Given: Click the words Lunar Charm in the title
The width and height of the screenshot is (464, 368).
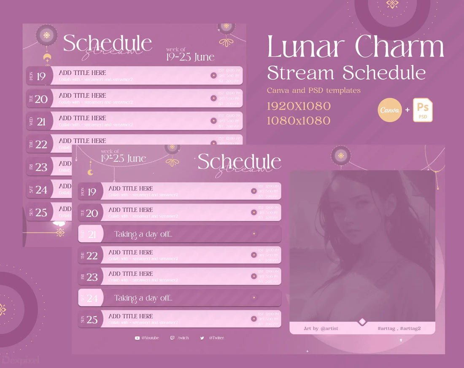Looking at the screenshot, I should (356, 47).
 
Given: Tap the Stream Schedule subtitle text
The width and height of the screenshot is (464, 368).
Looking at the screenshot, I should (346, 73).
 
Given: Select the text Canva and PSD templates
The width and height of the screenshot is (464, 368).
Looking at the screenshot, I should (313, 90).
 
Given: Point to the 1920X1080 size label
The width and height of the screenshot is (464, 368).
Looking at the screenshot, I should (299, 106).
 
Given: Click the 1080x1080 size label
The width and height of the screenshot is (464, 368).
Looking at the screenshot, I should (299, 121).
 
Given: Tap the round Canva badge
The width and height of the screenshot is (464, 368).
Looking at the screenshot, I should (390, 110).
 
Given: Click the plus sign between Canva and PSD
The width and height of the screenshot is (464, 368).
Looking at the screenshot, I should (407, 110).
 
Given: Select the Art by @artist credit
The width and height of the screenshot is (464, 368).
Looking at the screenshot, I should (321, 328).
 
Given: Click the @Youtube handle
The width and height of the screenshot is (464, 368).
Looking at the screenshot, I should (150, 338).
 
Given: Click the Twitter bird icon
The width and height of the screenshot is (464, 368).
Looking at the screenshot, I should (202, 338).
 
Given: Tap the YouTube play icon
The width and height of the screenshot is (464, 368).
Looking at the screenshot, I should (137, 338).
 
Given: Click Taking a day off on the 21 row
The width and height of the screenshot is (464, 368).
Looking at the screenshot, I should (143, 234).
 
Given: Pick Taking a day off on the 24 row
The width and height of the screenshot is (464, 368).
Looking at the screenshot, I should (143, 298).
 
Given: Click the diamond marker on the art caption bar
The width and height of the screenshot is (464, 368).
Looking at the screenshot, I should (362, 322).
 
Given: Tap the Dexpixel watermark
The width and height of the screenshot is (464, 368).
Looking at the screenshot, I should (20, 360).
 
